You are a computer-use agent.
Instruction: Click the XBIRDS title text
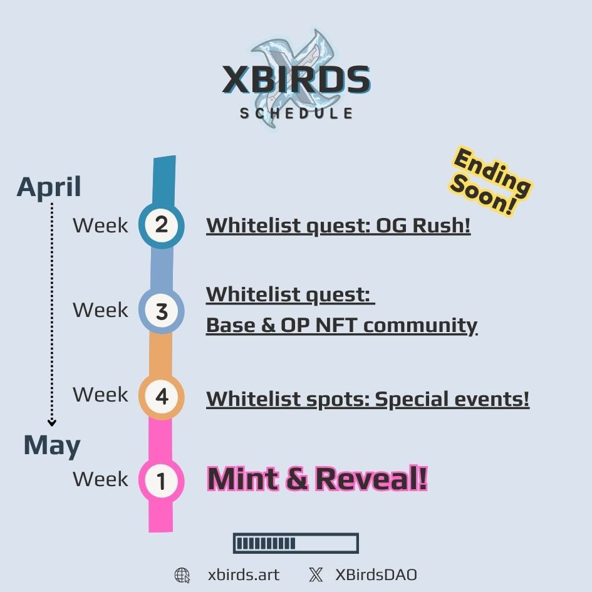[296, 80]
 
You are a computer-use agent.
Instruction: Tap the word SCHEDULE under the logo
[296, 113]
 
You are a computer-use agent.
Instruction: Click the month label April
[49, 187]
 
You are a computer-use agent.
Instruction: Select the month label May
[52, 445]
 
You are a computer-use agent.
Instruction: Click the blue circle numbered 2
[161, 225]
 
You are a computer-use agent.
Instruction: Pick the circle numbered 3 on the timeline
[161, 311]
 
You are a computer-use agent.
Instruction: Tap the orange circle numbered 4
[161, 397]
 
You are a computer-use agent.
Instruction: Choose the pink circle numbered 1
[161, 481]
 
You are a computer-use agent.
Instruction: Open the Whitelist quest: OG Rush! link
[338, 226]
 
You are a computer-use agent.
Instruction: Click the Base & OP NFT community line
[341, 325]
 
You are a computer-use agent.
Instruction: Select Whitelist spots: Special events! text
[368, 398]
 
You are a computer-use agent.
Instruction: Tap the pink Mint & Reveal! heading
[317, 479]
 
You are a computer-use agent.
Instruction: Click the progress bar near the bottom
[296, 543]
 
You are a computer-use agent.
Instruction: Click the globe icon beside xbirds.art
[182, 575]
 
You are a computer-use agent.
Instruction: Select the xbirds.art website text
[244, 575]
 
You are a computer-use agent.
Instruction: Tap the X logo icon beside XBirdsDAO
[316, 575]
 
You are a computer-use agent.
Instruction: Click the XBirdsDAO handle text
[376, 575]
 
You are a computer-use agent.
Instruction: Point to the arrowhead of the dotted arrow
[52, 423]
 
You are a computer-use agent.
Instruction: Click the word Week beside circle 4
[100, 395]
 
